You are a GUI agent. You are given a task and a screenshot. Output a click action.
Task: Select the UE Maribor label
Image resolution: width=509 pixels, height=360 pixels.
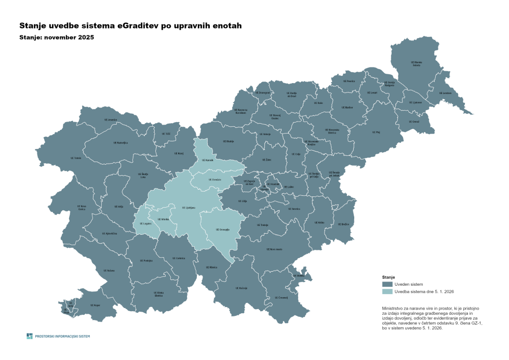point(347,108)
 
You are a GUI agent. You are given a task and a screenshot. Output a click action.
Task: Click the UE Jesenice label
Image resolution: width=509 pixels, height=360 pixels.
point(113,120)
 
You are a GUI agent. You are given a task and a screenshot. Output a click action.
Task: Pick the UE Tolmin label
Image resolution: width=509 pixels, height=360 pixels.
point(75,158)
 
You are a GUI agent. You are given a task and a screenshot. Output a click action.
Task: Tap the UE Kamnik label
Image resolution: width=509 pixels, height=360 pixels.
point(208,160)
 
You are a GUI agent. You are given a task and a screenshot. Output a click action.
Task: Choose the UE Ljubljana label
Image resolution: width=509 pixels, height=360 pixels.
point(190,207)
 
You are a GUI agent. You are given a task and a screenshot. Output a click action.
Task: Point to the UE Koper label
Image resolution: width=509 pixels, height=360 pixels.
point(95,305)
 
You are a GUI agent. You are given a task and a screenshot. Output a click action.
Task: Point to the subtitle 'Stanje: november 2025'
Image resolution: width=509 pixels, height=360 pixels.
point(57,37)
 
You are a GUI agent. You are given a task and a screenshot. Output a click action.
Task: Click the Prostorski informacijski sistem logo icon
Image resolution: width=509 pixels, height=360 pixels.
point(30,336)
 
